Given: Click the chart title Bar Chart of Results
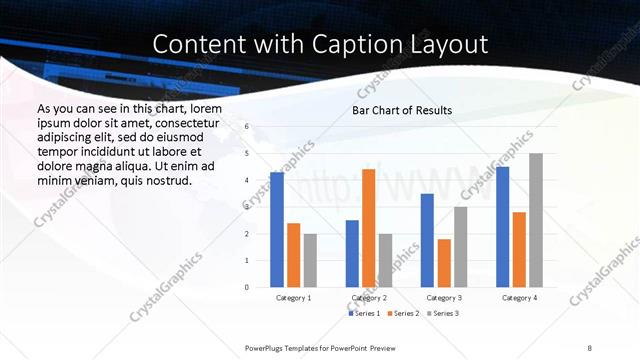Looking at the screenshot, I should click(402, 110).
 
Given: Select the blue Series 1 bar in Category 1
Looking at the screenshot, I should click(277, 230).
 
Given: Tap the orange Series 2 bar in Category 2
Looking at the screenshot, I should click(368, 228).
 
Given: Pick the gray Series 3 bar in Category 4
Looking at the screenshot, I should click(536, 220).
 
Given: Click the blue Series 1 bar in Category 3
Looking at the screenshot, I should click(427, 240).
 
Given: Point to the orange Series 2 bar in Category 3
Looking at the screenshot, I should click(444, 263).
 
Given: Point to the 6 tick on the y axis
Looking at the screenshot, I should click(247, 127).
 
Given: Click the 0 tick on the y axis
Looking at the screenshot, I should click(247, 287).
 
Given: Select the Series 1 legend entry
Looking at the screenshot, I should click(363, 313).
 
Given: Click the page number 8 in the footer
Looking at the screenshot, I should click(590, 347).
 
